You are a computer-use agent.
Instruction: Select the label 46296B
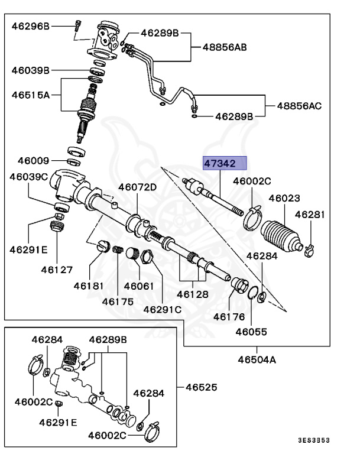pyautogui.click(x=31, y=25)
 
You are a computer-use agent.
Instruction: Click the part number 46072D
pyautogui.click(x=137, y=187)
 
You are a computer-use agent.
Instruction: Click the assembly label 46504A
pyautogui.click(x=257, y=359)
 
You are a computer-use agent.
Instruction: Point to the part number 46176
pyautogui.click(x=229, y=317)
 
